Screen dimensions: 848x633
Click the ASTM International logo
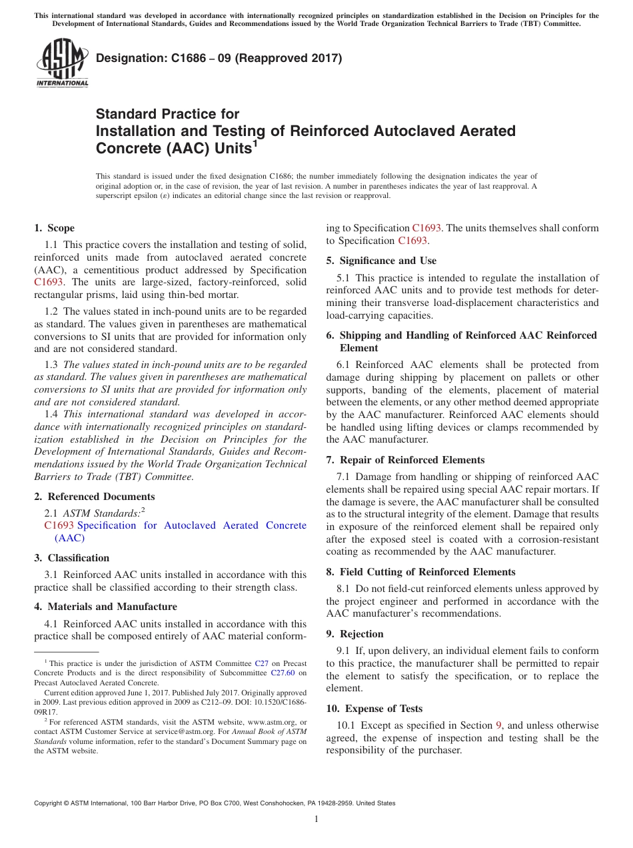pos(61,64)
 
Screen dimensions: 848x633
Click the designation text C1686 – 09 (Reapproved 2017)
pos(219,58)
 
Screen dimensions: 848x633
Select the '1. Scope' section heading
pos(55,228)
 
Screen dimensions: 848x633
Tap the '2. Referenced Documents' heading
pos(95,497)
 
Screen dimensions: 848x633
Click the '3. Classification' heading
pos(72,558)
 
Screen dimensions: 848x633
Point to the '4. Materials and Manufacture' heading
pos(105,607)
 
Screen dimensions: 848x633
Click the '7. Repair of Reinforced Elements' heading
pos(405,460)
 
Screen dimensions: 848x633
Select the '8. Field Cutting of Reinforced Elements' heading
pos(420,572)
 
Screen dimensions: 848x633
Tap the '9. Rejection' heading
pos(354,634)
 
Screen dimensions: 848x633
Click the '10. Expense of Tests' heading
pos(374,709)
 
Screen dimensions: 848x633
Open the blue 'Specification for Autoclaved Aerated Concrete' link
pos(192,525)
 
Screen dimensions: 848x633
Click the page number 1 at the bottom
pos(316,819)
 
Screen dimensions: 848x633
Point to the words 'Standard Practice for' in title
pos(167,114)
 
